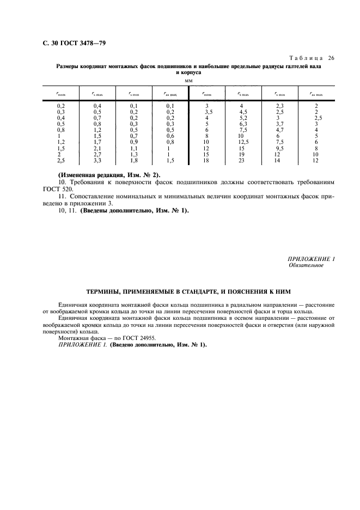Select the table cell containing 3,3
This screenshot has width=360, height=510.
(97, 161)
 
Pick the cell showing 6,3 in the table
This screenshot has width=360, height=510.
(243, 124)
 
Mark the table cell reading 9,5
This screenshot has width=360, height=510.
(279, 148)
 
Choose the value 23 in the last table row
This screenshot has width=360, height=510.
(243, 161)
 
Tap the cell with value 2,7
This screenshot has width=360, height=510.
(97, 155)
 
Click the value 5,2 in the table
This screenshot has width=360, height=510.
(243, 118)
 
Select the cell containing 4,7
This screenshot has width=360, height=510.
(279, 130)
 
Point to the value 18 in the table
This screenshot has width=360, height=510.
(206, 161)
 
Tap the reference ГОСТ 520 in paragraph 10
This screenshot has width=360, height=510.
(71, 189)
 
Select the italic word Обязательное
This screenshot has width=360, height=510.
(306, 265)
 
